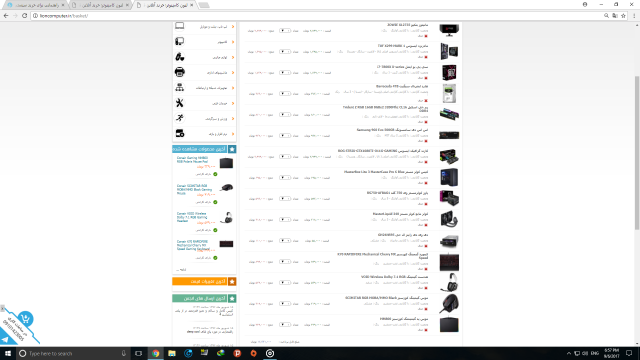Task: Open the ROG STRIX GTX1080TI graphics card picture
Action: (448, 156)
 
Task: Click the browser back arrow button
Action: (8, 17)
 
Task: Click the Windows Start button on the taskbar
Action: (8, 352)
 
